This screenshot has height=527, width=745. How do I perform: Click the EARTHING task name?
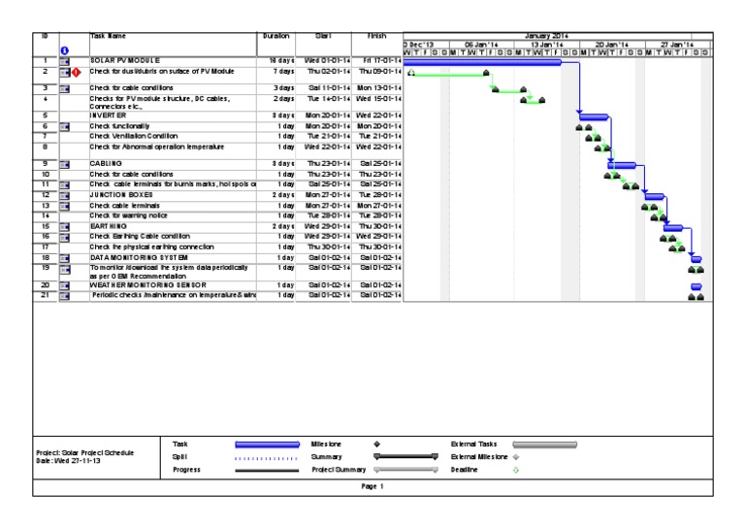(x=107, y=226)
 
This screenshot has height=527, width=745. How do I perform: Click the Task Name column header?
(x=107, y=36)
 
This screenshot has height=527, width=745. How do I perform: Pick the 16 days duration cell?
(x=277, y=61)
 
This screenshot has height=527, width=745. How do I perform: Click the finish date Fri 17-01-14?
(x=374, y=61)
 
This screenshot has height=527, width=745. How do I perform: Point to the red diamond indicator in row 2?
(x=75, y=72)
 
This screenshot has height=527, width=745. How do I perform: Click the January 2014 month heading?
(x=550, y=36)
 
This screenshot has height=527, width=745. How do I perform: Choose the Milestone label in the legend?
(x=322, y=444)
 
